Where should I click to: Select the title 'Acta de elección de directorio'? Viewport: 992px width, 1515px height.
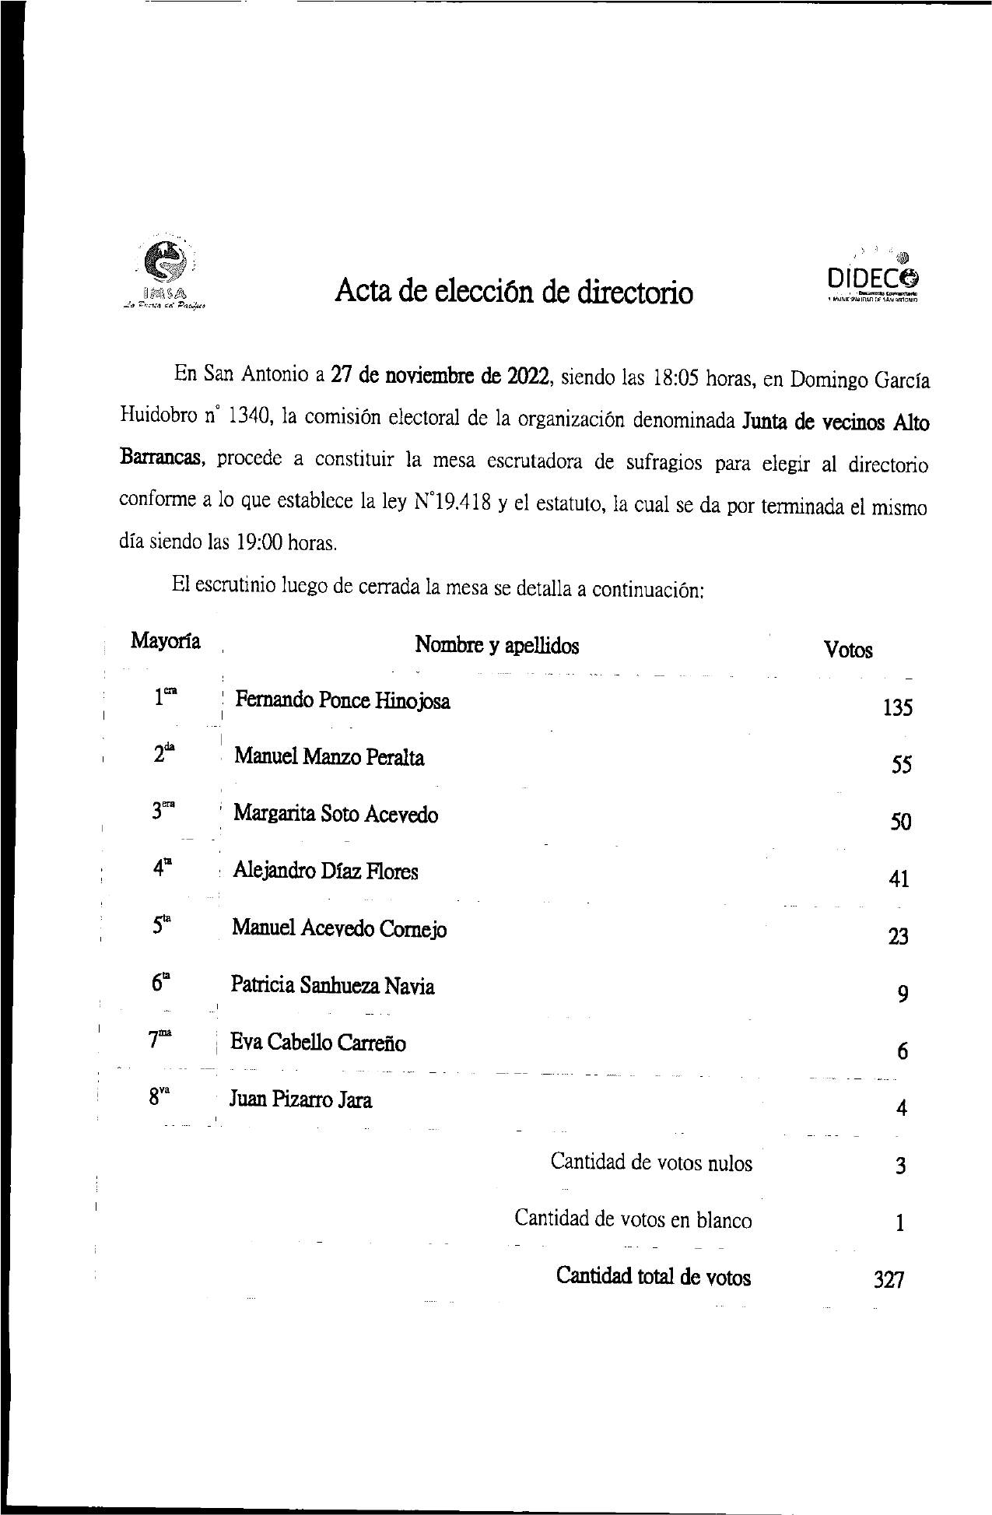point(514,292)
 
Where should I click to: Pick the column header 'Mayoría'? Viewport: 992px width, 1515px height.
point(165,641)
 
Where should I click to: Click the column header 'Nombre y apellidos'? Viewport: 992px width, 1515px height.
point(496,645)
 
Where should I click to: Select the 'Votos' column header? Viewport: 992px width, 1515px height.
point(848,651)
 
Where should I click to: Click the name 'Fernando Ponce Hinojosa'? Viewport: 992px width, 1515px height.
point(342,700)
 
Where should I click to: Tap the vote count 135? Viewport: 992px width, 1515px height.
point(897,708)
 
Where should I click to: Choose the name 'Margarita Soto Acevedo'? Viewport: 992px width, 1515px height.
point(335,815)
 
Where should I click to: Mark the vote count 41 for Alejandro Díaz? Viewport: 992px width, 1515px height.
point(899,879)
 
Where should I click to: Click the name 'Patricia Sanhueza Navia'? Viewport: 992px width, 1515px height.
point(332,986)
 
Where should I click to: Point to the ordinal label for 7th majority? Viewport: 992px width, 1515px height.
point(159,1040)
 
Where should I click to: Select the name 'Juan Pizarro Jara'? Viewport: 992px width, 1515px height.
point(300,1099)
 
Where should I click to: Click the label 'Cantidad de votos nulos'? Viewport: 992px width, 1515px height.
point(651,1163)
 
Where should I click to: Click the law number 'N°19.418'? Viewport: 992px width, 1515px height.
point(452,502)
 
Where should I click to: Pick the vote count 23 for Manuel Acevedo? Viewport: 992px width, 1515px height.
point(898,937)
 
